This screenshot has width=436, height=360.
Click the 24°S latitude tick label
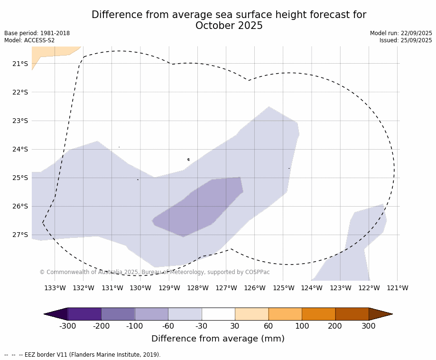[20, 149]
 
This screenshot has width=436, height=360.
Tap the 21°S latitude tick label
[20, 64]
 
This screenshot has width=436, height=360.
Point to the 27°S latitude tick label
[20, 235]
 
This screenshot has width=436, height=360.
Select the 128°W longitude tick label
[197, 288]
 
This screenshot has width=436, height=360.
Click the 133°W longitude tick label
[55, 288]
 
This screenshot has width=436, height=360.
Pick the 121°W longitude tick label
[397, 288]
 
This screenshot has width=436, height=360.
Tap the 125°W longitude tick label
[283, 288]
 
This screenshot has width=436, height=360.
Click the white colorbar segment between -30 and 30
[218, 314]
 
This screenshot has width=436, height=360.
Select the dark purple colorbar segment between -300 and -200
[84, 314]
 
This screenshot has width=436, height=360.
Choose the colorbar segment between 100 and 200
[318, 314]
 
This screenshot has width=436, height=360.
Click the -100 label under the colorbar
[134, 326]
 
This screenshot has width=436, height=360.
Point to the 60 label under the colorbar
[268, 326]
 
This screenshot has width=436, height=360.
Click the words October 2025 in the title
[229, 26]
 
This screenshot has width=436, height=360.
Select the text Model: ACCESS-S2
[29, 40]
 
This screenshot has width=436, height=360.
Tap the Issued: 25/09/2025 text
[406, 40]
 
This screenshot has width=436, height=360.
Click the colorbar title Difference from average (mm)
[218, 339]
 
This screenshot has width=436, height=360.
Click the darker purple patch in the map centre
[199, 207]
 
